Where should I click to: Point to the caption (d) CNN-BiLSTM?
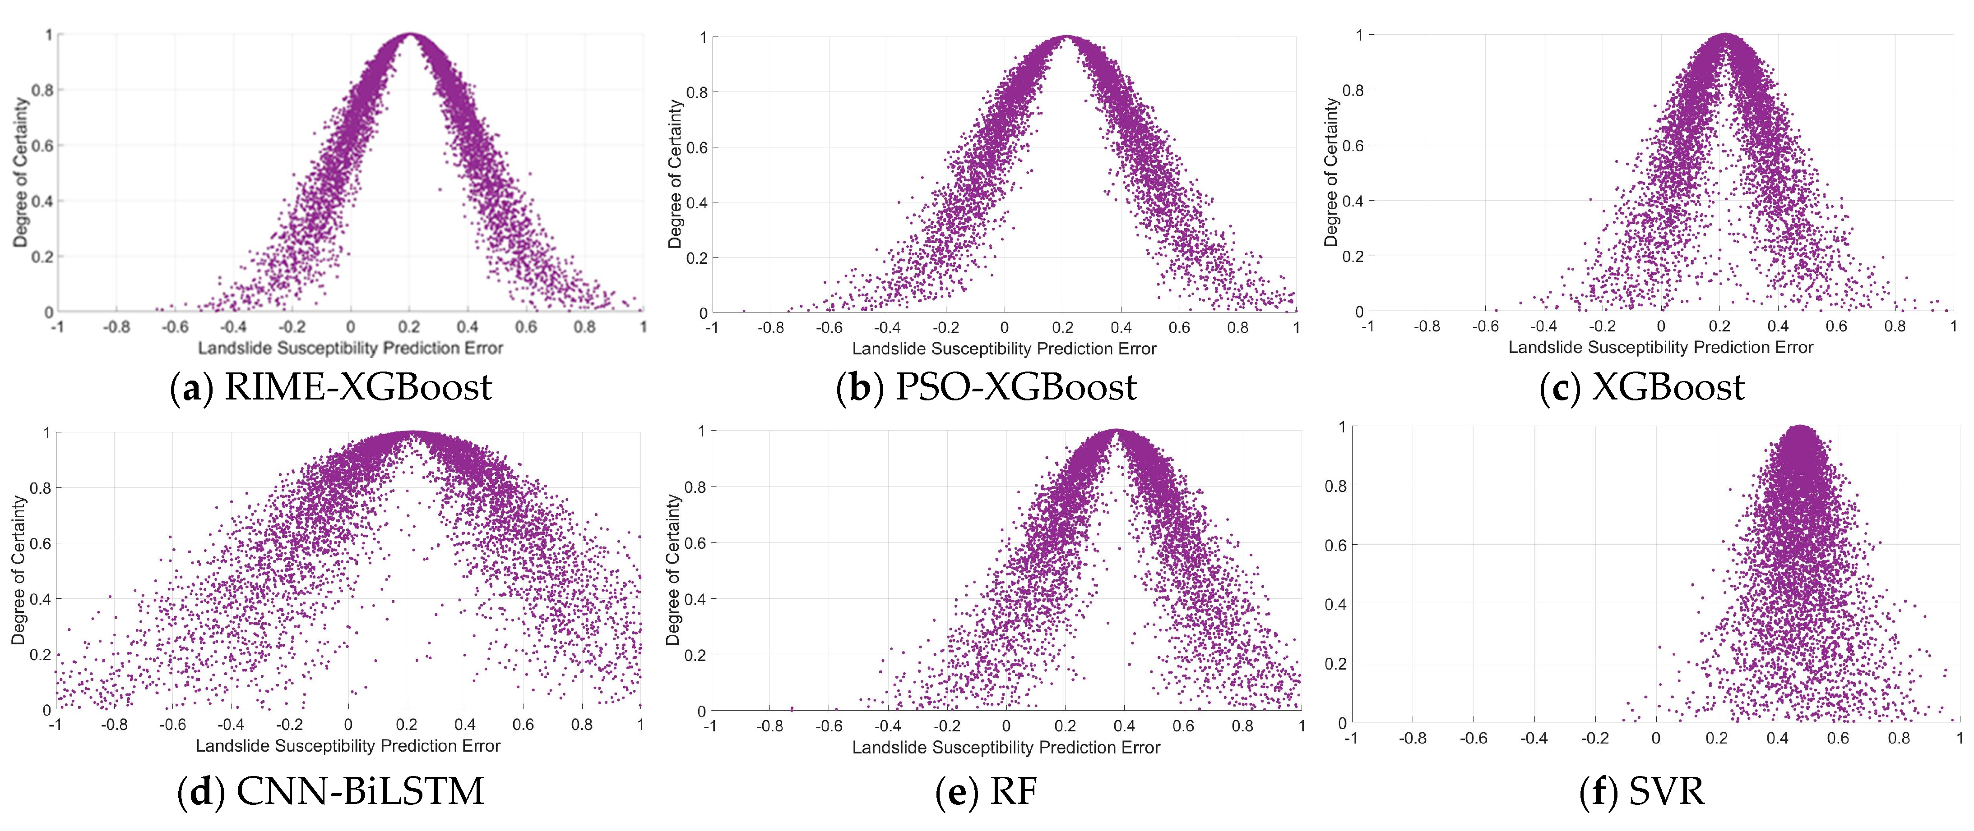pos(330,791)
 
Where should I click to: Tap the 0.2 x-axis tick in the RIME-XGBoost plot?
pos(409,327)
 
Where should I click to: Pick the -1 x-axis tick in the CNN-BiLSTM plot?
pos(55,725)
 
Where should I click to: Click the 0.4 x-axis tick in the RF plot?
pos(1124,726)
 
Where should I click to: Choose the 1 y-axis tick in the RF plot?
pos(701,431)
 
